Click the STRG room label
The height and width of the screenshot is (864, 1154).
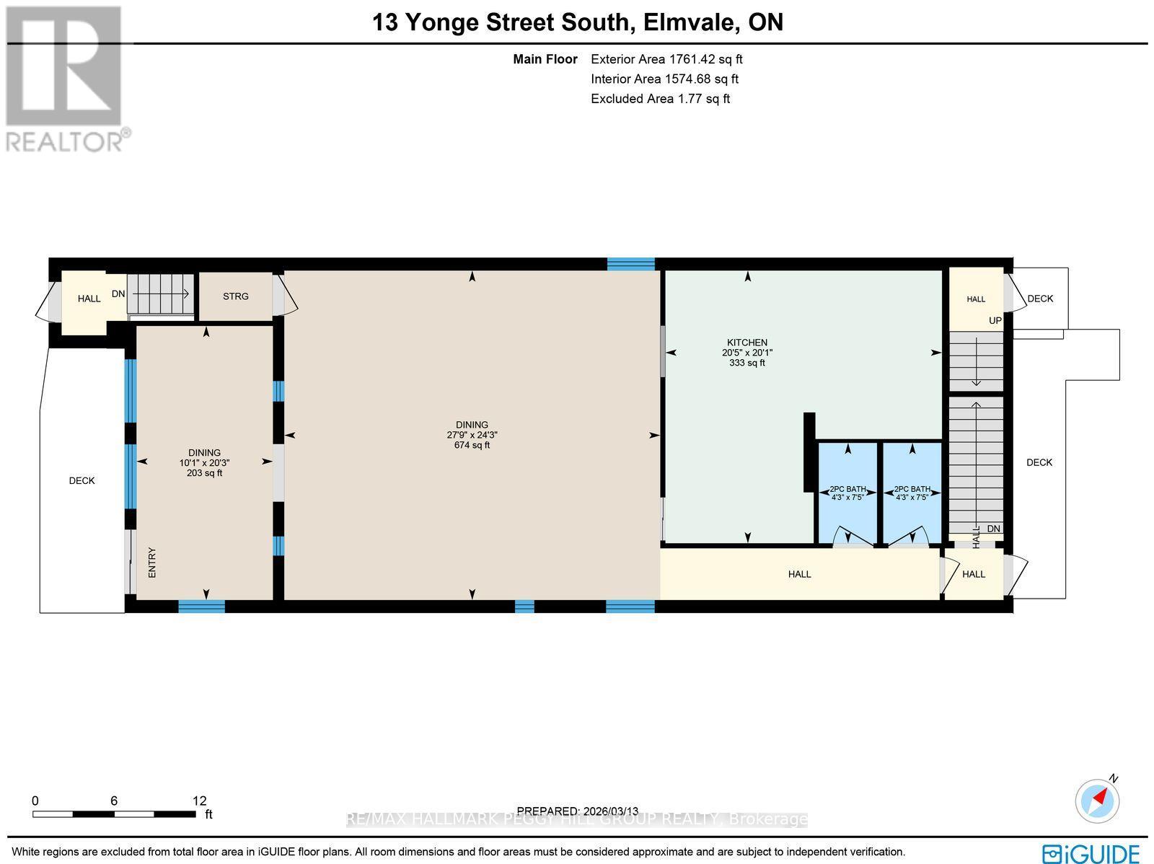point(235,296)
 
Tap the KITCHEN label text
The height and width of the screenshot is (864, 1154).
point(746,343)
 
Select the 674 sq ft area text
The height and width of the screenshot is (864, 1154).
point(472,446)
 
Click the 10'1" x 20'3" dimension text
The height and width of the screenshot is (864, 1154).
point(204,463)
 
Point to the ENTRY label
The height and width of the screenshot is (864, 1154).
point(152,563)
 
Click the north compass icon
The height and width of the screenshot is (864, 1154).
point(1097,800)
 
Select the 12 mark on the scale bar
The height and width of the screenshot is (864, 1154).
point(199,801)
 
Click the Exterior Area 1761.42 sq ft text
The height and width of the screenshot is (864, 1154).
point(666,60)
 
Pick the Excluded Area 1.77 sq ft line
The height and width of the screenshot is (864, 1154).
point(660,99)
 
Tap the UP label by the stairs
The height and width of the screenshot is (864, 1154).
point(995,320)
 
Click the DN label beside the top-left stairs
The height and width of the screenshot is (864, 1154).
point(118,294)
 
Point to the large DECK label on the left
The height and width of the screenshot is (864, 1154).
point(82,481)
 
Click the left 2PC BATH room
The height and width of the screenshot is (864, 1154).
point(847,493)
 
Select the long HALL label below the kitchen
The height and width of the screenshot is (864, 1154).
point(799,574)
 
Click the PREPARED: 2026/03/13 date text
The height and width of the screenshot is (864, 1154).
point(578,811)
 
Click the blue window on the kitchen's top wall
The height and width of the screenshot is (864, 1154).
point(630,264)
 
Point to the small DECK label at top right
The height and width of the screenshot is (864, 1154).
point(1040,299)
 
